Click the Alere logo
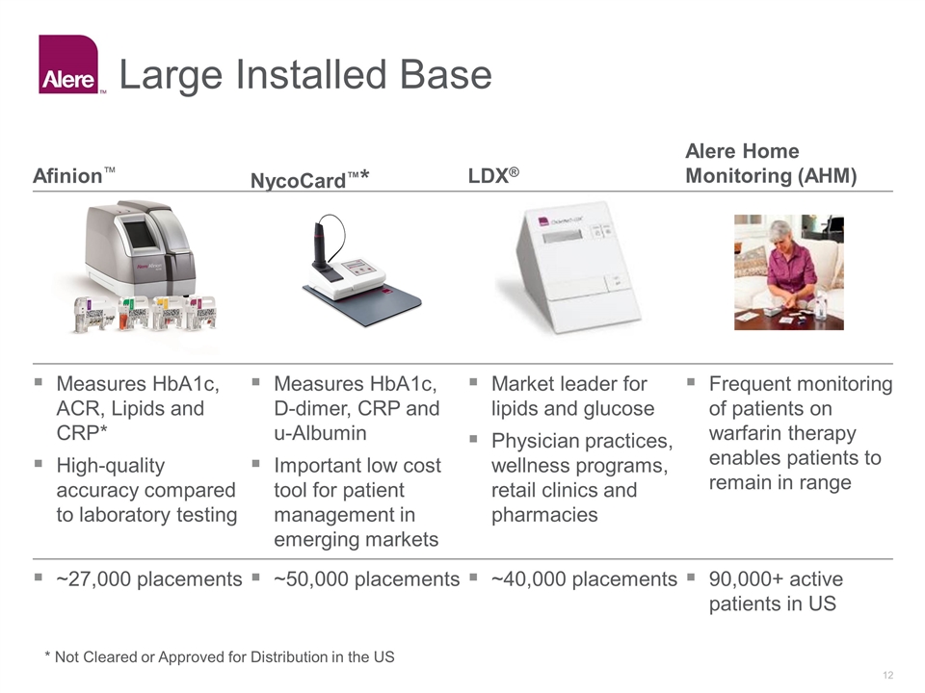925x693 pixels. click(x=68, y=64)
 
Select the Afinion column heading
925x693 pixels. click(x=74, y=175)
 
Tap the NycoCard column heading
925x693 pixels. click(x=309, y=180)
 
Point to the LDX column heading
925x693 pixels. click(x=493, y=175)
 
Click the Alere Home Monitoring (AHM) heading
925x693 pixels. click(x=771, y=164)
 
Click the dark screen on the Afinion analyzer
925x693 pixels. click(x=139, y=234)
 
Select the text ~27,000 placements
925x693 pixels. click(x=149, y=579)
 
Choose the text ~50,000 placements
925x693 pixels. click(x=367, y=579)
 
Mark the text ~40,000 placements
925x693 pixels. click(x=584, y=579)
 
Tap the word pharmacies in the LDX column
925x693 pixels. click(x=544, y=515)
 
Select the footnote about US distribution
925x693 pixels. click(x=220, y=657)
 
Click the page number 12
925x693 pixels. click(x=887, y=676)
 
